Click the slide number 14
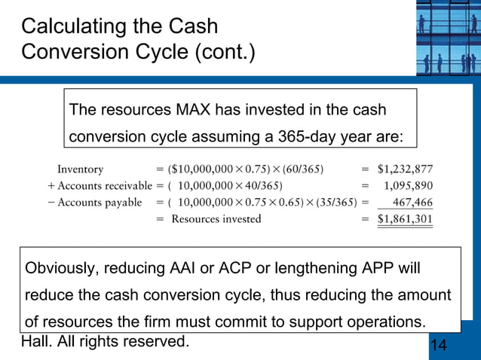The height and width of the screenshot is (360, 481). click(438, 345)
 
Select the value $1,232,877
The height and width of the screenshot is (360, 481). click(405, 169)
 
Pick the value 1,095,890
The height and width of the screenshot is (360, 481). click(408, 186)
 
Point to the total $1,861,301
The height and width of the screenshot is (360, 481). click(405, 219)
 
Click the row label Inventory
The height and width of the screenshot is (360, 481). click(81, 169)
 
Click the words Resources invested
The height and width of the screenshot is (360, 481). click(216, 219)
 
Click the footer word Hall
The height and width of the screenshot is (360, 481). click(38, 342)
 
